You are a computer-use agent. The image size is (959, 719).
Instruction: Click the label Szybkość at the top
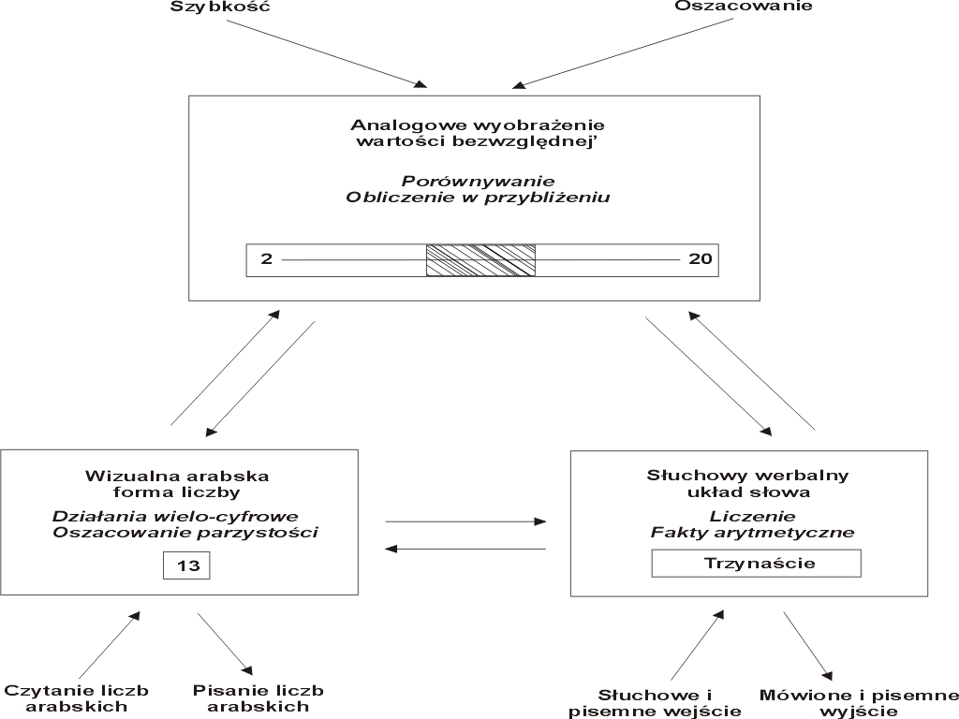(x=219, y=7)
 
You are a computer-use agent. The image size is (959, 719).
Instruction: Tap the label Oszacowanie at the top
(x=744, y=7)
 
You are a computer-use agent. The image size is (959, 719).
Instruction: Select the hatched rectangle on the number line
(x=480, y=260)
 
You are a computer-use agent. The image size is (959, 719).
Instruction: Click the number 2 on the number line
(x=266, y=259)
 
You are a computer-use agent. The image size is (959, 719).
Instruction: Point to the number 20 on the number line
(x=701, y=259)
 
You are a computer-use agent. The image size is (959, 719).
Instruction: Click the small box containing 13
(x=186, y=565)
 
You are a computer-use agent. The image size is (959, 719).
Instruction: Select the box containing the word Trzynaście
(x=757, y=563)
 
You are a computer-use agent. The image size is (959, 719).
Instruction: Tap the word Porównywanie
(x=479, y=182)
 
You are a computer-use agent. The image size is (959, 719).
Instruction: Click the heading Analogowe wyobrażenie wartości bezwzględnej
(x=478, y=133)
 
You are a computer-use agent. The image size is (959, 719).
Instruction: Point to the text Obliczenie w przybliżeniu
(x=478, y=198)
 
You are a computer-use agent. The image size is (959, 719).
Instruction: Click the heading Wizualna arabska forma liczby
(x=177, y=484)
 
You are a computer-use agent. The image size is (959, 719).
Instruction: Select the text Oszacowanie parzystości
(x=185, y=533)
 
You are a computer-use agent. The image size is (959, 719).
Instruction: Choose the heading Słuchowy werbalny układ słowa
(x=748, y=484)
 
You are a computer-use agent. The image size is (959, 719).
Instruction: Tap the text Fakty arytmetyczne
(x=752, y=533)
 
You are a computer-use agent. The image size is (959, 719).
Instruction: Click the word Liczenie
(x=752, y=517)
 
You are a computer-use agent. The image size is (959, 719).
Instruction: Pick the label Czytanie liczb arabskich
(x=77, y=698)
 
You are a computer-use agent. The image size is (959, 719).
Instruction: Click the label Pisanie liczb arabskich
(x=258, y=698)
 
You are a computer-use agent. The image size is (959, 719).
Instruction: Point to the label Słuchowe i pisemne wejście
(x=655, y=703)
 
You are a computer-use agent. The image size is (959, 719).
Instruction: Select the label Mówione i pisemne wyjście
(x=859, y=703)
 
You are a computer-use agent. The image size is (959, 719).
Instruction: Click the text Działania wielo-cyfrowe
(x=175, y=517)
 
